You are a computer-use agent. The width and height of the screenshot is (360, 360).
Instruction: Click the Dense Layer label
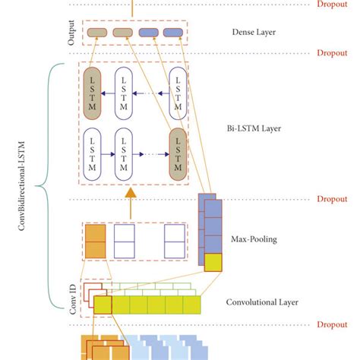(254, 33)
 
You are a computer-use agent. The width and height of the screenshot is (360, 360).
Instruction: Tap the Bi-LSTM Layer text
(254, 129)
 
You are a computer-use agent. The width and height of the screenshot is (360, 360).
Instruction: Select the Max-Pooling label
(254, 239)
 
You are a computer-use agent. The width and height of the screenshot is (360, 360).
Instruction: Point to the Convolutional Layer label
(262, 302)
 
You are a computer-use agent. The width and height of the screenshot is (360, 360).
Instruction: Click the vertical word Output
(71, 33)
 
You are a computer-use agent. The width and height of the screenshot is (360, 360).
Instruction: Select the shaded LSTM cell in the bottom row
(178, 153)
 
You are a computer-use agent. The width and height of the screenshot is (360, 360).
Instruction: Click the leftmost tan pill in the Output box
(96, 33)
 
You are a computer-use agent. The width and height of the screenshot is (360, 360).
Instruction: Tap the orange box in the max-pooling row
(95, 242)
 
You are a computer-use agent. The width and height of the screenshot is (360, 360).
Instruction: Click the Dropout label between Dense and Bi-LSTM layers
(333, 54)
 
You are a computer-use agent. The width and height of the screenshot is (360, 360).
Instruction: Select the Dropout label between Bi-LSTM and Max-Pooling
(333, 199)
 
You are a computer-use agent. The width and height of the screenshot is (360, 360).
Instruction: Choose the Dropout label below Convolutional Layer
(333, 324)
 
